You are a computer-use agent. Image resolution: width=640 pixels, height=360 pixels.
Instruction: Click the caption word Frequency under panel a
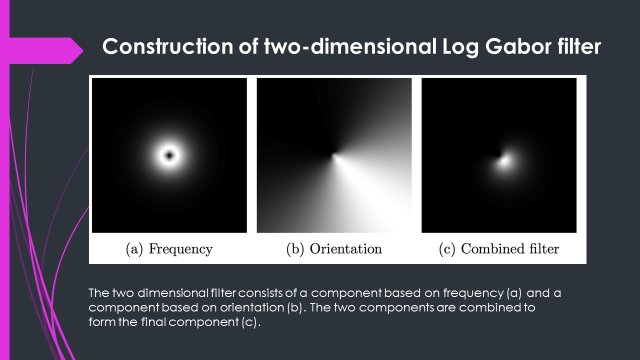180,249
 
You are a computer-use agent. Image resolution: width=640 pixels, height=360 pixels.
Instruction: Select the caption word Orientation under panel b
345,249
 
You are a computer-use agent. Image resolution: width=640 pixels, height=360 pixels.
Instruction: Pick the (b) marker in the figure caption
295,249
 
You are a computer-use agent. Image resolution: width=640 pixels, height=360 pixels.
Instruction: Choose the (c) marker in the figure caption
446,249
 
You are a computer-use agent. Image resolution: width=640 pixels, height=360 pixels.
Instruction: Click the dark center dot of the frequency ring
169,155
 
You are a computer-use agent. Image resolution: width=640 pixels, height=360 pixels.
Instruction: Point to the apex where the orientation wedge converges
333,154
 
